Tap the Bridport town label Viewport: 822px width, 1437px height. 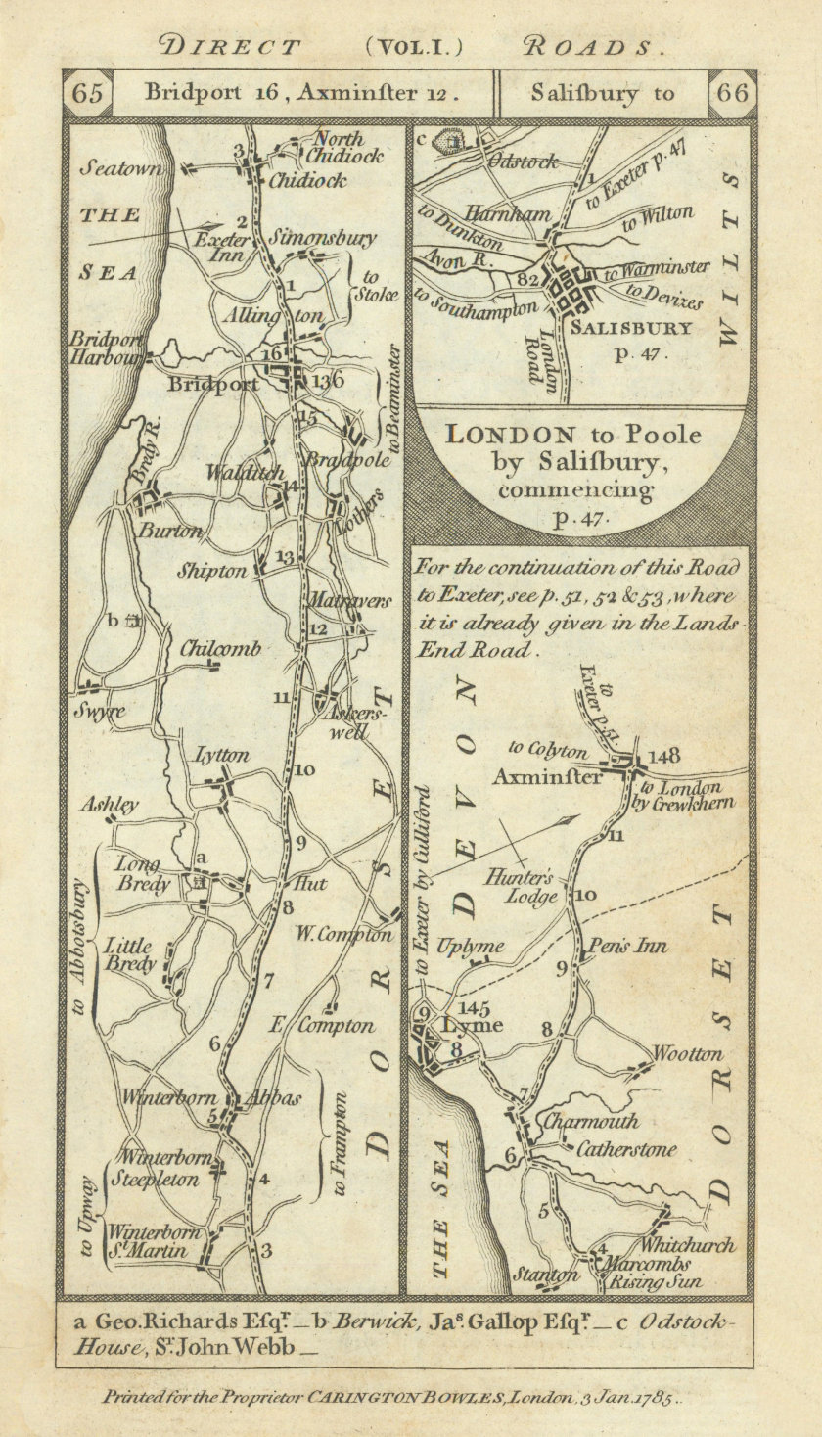215,384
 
